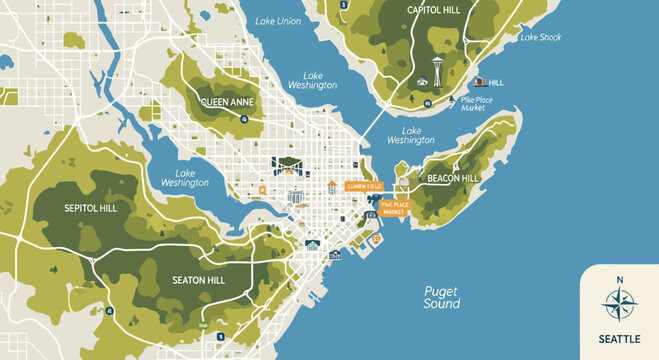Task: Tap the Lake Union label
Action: [x=278, y=21]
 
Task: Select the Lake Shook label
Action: [x=540, y=38]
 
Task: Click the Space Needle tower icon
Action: [x=437, y=76]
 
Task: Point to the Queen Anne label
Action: [x=227, y=103]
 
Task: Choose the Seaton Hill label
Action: [x=198, y=280]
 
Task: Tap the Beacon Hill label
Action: [x=455, y=177]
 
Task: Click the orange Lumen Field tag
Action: [x=363, y=186]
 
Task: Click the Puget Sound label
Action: [x=441, y=297]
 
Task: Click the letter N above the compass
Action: [x=619, y=279]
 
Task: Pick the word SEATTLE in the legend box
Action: [x=619, y=339]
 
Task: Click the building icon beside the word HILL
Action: [x=478, y=82]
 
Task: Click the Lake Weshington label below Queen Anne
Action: [x=185, y=177]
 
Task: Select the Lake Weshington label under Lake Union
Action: [x=312, y=80]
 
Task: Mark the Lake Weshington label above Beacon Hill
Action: [x=411, y=135]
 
